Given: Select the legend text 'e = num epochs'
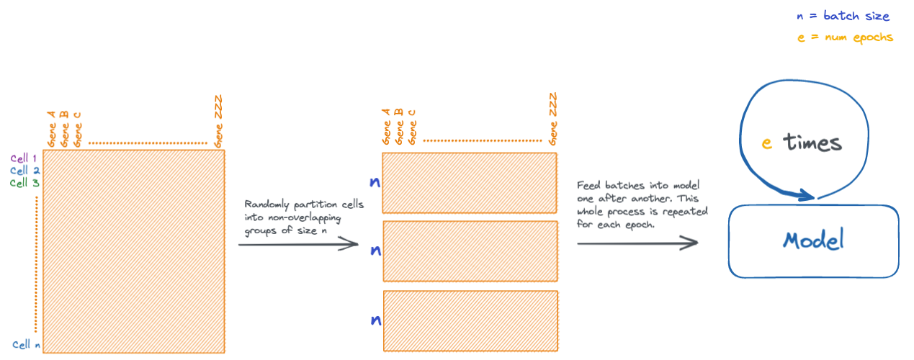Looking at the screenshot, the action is [x=845, y=37].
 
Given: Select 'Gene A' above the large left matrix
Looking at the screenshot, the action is [x=51, y=129].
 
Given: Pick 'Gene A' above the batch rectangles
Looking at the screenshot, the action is [x=386, y=127].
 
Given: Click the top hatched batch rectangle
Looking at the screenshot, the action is [x=470, y=182].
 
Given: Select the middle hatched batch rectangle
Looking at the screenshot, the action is [x=470, y=251].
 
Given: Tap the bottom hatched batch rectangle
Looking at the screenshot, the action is [x=470, y=319].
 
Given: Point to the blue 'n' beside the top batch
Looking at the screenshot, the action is [x=375, y=183].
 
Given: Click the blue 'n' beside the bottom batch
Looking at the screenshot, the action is [x=375, y=320].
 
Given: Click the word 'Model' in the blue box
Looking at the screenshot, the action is [x=813, y=240].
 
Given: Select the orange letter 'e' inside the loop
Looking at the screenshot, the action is [x=767, y=143].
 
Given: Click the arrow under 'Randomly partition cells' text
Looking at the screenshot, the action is [x=298, y=245].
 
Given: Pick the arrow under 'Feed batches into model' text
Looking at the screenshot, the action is [x=637, y=243].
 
